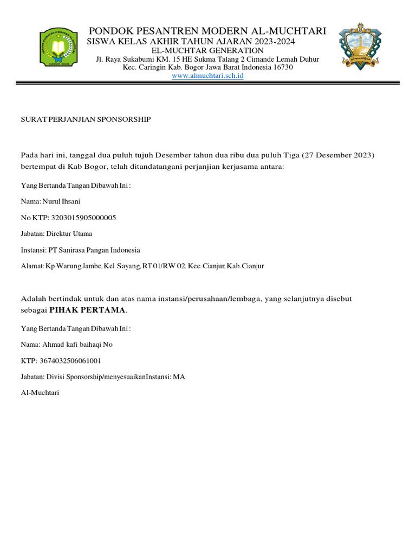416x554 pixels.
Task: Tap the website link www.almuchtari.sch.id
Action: coord(207,76)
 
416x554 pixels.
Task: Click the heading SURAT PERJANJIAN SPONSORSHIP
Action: coord(86,119)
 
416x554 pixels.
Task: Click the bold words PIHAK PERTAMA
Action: coord(87,310)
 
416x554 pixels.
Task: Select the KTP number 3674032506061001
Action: coord(68,360)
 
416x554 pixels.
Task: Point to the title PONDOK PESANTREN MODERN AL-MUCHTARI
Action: coord(207,31)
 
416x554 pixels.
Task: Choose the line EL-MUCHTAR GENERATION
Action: coord(207,50)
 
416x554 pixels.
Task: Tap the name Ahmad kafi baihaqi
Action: coord(68,344)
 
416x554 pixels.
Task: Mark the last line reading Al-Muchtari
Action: coord(40,393)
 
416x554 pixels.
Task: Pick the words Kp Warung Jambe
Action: coord(65,266)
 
